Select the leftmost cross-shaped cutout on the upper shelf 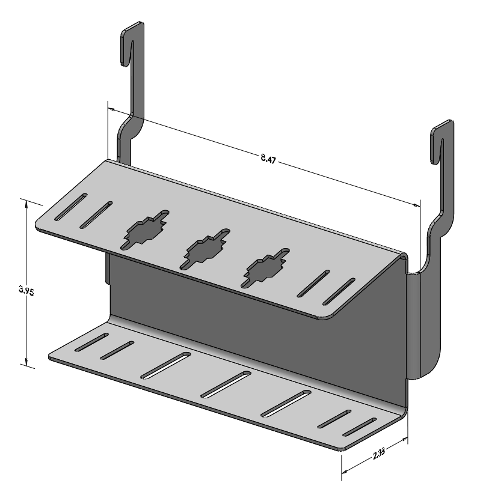pos(146,228)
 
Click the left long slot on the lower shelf pos(165,366)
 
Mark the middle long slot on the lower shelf pos(226,384)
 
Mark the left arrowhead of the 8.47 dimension pos(112,109)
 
